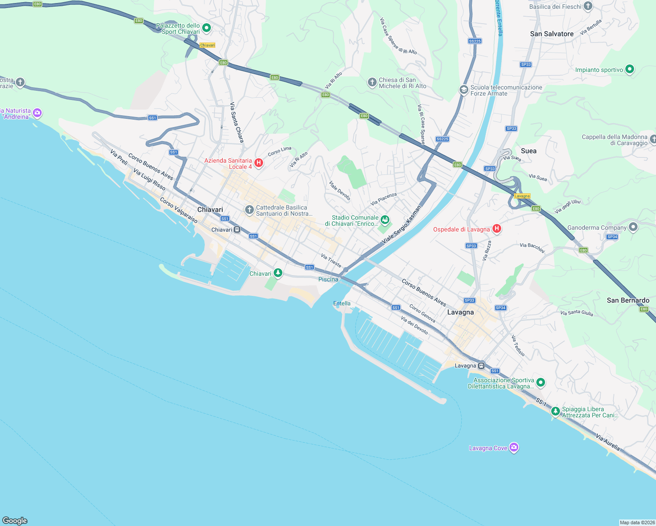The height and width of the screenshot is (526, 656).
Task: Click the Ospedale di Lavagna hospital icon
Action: tap(497, 228)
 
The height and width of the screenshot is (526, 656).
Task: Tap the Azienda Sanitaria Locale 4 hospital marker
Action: tap(259, 163)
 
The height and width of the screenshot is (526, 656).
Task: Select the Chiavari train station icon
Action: tap(237, 229)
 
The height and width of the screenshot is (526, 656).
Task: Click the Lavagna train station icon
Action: tap(481, 365)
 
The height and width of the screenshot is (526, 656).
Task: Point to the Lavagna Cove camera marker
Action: tap(514, 448)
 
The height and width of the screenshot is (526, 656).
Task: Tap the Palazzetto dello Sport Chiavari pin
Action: tap(206, 28)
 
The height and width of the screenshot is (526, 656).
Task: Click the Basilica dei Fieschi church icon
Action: tap(588, 6)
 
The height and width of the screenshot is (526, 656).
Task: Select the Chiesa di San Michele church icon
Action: tap(372, 82)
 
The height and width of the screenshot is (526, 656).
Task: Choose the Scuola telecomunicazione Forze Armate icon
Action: tap(463, 90)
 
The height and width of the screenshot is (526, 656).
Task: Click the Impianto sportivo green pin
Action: tap(629, 69)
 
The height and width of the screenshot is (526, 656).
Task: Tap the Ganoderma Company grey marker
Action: tap(633, 227)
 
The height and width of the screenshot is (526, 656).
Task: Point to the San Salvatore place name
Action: tap(552, 34)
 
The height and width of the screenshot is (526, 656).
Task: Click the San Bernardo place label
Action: tap(628, 300)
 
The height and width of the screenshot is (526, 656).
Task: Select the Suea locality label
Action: tap(528, 151)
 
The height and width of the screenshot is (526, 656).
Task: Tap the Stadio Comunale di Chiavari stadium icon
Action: tap(385, 220)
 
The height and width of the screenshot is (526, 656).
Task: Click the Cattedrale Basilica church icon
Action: tap(249, 210)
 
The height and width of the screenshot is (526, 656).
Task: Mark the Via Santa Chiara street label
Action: tap(237, 122)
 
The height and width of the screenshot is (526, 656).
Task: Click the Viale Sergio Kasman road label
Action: tap(401, 225)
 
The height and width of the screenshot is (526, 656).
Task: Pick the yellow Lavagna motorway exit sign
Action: tap(522, 196)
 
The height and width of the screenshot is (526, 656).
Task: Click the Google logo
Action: tap(15, 520)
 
